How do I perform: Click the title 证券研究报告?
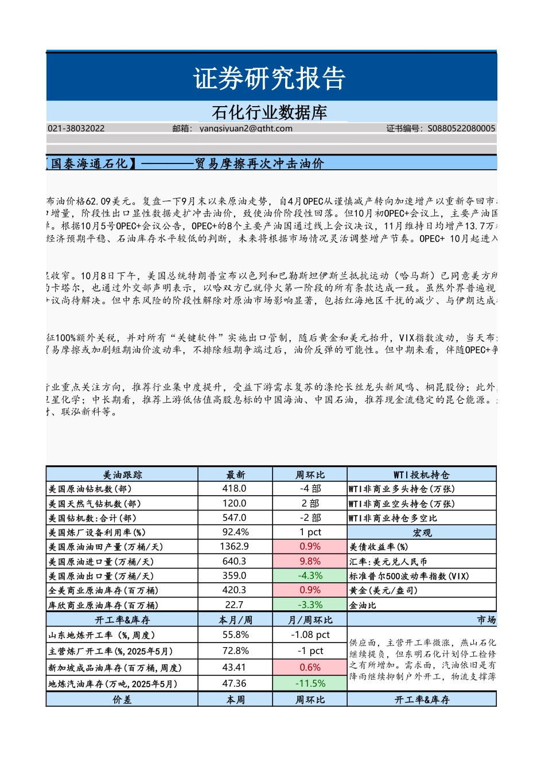point(269,79)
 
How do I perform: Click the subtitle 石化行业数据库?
point(269,112)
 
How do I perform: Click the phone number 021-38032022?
point(76,128)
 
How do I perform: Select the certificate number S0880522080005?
point(461,128)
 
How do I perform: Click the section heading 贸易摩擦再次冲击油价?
point(259,163)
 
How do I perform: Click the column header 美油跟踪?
point(122,474)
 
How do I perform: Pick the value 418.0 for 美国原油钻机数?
point(234,489)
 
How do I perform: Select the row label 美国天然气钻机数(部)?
point(95,504)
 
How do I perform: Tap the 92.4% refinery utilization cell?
point(234,532)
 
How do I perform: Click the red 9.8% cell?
point(310,562)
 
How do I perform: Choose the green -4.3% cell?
point(310,576)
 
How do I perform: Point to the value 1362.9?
point(234,547)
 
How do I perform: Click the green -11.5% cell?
point(310,684)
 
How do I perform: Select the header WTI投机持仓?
point(422,474)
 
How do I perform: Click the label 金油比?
point(363,605)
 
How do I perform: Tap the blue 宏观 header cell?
point(422,533)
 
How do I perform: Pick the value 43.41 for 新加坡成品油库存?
point(234,668)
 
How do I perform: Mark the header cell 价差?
point(122,700)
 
